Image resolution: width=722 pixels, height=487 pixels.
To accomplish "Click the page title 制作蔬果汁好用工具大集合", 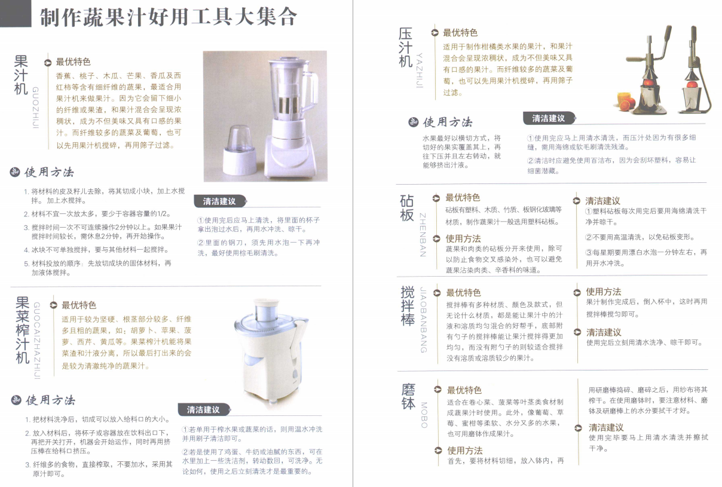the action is [168, 17].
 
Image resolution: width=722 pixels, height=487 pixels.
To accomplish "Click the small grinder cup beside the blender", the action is [240, 150].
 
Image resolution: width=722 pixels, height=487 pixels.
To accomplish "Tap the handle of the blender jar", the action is [310, 91].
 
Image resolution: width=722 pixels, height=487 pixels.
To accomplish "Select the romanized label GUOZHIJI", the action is [35, 108].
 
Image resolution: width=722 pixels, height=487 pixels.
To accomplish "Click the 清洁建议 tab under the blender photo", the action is [220, 201].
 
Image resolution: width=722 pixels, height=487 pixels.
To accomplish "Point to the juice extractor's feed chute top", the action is [266, 302].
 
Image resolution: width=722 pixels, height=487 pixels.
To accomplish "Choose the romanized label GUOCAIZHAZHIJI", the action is [36, 341].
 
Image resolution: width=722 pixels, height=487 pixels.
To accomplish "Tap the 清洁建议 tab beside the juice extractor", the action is [204, 410].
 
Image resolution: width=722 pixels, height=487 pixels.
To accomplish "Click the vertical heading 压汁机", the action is [405, 48].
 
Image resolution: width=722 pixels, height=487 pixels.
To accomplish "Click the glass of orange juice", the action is [623, 100].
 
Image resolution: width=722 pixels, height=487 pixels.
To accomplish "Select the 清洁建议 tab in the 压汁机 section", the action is [549, 118].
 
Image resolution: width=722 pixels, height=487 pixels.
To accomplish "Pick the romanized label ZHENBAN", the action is [423, 235].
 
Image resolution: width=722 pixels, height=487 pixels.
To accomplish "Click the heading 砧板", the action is [407, 208].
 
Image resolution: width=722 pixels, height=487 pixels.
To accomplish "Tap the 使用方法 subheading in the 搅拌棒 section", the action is [603, 292].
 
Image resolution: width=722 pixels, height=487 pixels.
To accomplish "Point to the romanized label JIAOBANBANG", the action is [424, 320].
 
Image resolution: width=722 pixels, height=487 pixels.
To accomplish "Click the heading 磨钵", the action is [408, 396].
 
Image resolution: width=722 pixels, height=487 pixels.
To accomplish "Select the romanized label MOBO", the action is [424, 415].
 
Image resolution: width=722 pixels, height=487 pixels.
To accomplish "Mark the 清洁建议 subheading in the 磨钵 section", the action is [606, 428].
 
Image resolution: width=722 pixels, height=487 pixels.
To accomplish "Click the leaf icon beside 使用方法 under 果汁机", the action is [15, 172].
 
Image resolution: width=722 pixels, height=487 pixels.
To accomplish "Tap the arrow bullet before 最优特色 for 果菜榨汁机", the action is [54, 305].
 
